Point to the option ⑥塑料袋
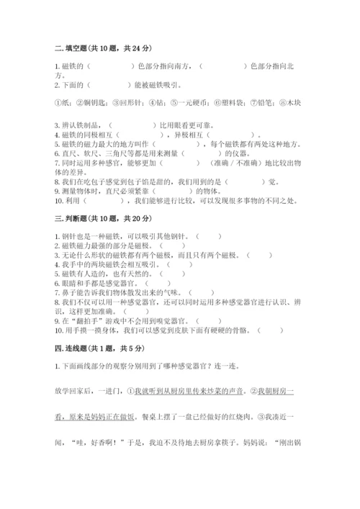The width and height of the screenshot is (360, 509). click(235, 102)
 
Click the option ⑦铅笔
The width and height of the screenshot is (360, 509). click(269, 102)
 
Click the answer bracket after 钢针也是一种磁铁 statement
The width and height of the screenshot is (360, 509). click(208, 235)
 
